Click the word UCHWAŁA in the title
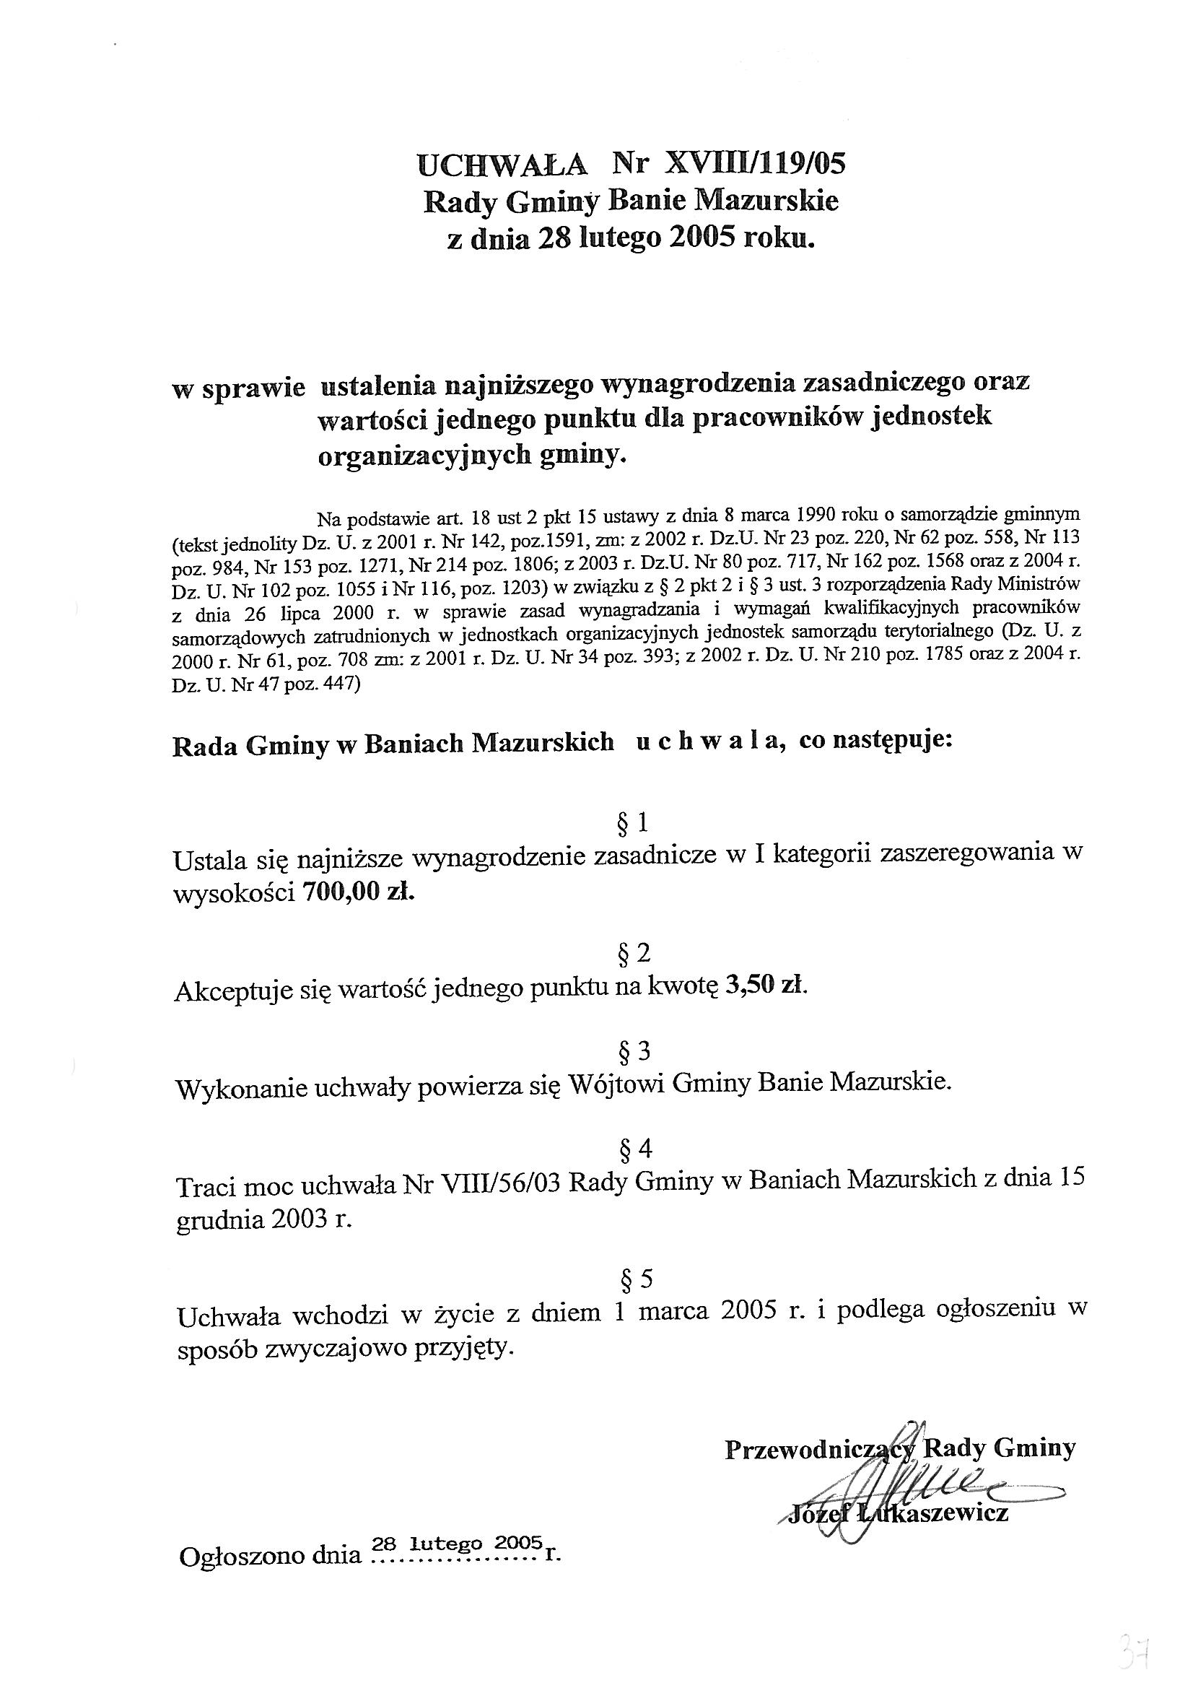coord(502,165)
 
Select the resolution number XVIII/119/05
coord(754,163)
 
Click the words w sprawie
coord(238,388)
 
